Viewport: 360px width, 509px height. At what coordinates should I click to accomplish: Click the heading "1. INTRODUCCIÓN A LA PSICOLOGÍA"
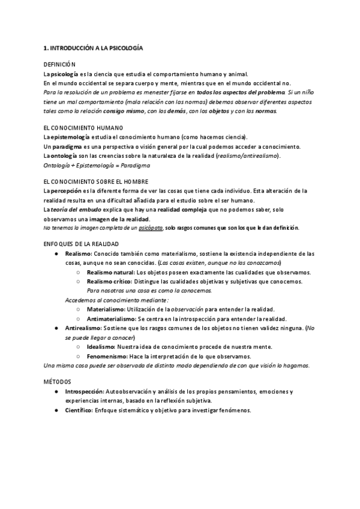(x=92, y=47)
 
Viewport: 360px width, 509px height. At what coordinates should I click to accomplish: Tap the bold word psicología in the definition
(x=64, y=74)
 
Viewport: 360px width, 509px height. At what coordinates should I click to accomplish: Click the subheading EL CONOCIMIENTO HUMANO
(x=83, y=128)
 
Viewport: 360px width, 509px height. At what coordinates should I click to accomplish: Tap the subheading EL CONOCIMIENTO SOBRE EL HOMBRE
(x=97, y=181)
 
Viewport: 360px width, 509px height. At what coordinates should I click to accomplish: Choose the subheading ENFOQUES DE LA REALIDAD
(x=81, y=244)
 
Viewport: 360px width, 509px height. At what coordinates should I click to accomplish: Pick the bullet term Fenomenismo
(x=106, y=356)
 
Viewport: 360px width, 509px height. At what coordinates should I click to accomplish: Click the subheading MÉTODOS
(x=58, y=382)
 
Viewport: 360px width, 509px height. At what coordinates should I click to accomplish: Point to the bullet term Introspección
(x=85, y=391)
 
